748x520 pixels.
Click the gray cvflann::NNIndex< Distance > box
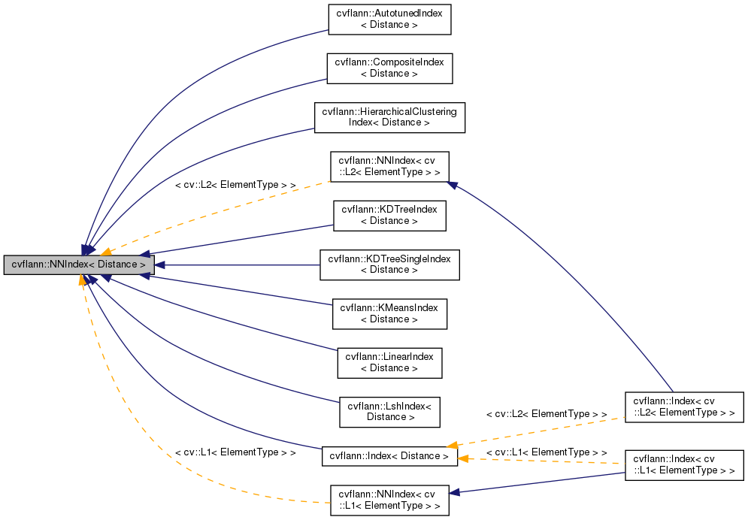[x=79, y=265]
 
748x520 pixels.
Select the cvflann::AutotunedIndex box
[x=389, y=20]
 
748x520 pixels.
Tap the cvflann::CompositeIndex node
[x=389, y=68]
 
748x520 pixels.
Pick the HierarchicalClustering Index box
[x=389, y=117]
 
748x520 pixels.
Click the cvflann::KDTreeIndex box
[x=389, y=215]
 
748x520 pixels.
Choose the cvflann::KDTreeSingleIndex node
[x=389, y=265]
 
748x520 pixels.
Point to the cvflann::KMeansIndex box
[x=389, y=313]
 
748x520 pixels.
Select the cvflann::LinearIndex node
[x=389, y=362]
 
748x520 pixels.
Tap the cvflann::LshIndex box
[x=389, y=411]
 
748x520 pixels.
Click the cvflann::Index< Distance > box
[x=389, y=455]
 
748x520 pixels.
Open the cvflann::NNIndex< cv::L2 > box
[x=389, y=166]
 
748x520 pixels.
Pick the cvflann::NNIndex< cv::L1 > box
[x=389, y=500]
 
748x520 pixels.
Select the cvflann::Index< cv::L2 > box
[x=684, y=406]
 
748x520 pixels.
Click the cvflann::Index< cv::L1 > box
[x=684, y=465]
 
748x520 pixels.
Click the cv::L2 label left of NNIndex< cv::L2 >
[x=235, y=184]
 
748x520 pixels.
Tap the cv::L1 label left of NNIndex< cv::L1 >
[x=235, y=453]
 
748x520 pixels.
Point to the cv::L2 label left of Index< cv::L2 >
[x=547, y=414]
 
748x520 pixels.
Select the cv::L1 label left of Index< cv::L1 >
[x=547, y=452]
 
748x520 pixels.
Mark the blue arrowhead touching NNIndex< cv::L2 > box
[x=453, y=183]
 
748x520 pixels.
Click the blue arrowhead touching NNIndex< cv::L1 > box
[x=455, y=492]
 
